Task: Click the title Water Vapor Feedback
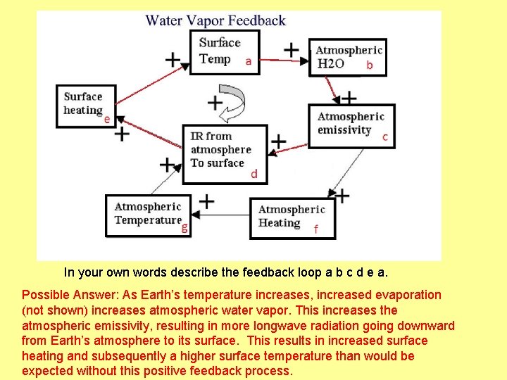click(215, 20)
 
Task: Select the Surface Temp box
click(225, 51)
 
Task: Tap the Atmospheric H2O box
click(349, 57)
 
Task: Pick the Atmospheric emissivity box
click(351, 125)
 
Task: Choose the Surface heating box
click(85, 106)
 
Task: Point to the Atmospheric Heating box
click(292, 217)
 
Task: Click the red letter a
click(249, 61)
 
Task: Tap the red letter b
click(369, 65)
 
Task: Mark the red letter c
click(385, 137)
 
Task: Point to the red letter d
click(254, 174)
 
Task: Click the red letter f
click(315, 229)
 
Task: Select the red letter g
click(184, 227)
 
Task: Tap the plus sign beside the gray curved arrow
click(215, 103)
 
